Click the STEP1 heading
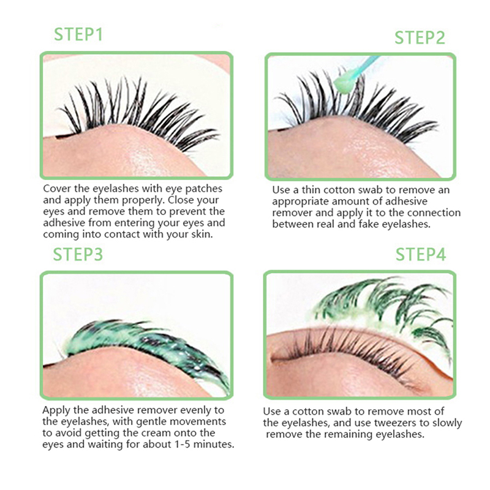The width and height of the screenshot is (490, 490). pyautogui.click(x=78, y=34)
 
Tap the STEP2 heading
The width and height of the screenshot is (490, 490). pyautogui.click(x=420, y=37)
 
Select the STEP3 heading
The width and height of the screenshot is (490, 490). pyautogui.click(x=78, y=254)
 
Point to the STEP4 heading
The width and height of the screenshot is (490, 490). pyautogui.click(x=421, y=254)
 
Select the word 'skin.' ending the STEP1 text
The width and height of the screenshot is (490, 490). pyautogui.click(x=202, y=235)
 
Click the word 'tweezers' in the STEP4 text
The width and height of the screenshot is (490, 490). pyautogui.click(x=395, y=423)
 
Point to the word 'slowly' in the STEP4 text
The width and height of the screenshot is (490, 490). pyautogui.click(x=447, y=423)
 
